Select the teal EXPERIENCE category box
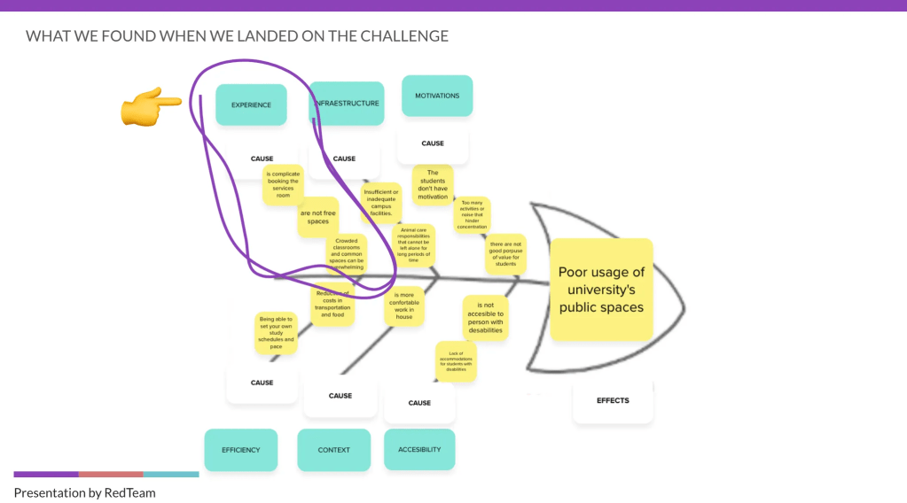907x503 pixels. pos(251,104)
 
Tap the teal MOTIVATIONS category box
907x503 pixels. pos(437,96)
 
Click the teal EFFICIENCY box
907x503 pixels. pos(241,450)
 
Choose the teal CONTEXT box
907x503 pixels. pos(333,450)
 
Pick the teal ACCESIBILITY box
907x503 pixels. pos(419,449)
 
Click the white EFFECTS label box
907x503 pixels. pos(613,401)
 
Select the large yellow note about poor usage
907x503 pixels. pos(601,290)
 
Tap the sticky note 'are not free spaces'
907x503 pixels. pos(317,217)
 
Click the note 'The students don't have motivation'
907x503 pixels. pos(433,185)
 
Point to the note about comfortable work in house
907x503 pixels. pos(404,306)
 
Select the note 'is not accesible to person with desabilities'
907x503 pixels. pos(485,317)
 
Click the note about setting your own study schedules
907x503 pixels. pos(276,332)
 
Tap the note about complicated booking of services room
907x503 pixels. pos(283,185)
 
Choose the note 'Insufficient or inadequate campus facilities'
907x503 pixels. pos(381,203)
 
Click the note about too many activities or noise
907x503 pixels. pos(472,215)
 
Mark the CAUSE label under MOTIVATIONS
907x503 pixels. pos(433,143)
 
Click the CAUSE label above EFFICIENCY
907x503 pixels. pos(262,383)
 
